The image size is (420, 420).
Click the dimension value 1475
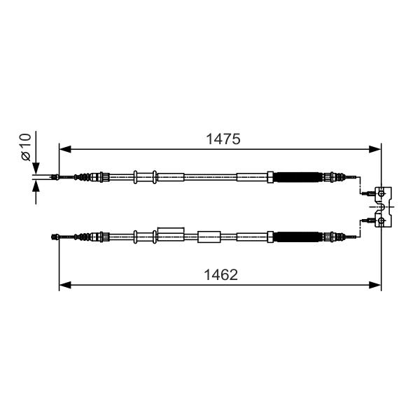click(x=223, y=139)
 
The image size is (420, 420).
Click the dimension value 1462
click(x=221, y=275)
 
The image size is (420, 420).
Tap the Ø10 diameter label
click(x=27, y=147)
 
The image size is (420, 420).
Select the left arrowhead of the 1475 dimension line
click(x=65, y=149)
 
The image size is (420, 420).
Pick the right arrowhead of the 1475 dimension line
click(x=374, y=149)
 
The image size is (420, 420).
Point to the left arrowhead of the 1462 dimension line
click(x=65, y=285)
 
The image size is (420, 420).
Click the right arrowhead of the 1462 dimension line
click(x=374, y=285)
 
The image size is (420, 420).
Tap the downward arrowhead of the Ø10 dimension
click(x=36, y=168)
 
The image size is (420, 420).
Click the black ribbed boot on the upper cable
click(x=297, y=177)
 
